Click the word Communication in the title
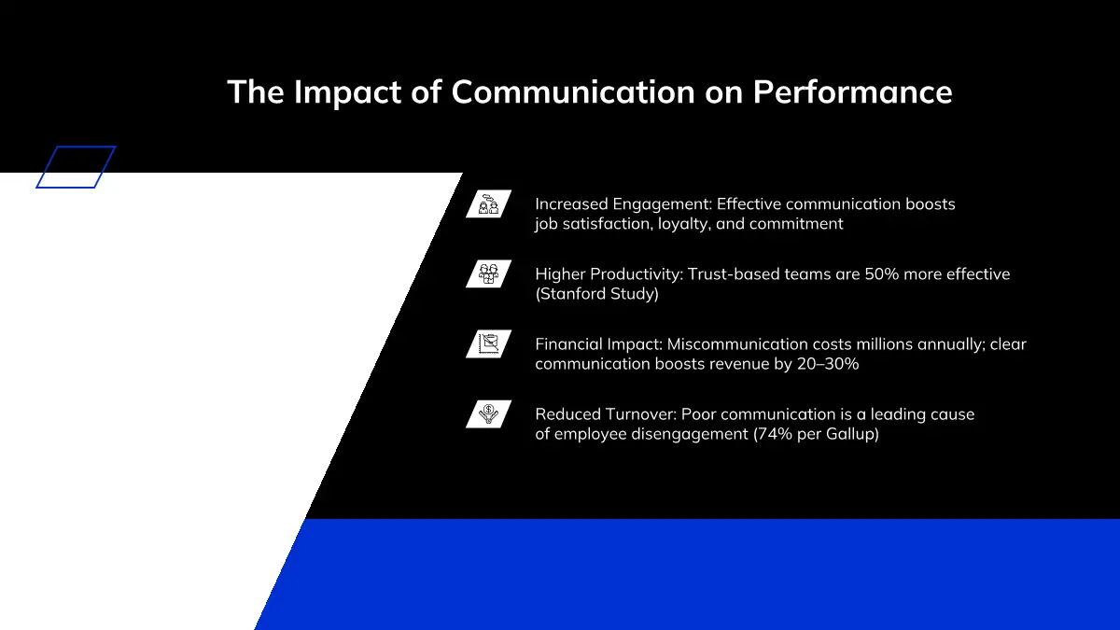pyautogui.click(x=573, y=91)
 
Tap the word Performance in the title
pyautogui.click(x=852, y=91)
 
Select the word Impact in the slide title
pyautogui.click(x=347, y=92)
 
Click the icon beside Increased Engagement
pyautogui.click(x=488, y=203)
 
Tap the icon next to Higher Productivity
pyautogui.click(x=488, y=273)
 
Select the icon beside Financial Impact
pyautogui.click(x=488, y=343)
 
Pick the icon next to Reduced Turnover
pyautogui.click(x=488, y=413)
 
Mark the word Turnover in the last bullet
pyautogui.click(x=640, y=414)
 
